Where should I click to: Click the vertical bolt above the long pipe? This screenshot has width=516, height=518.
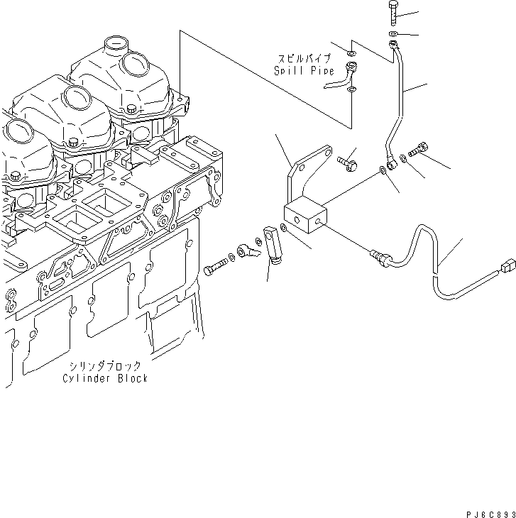click(394, 12)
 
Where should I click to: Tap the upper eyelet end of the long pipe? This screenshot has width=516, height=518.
click(393, 46)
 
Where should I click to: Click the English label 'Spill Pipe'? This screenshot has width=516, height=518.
click(300, 71)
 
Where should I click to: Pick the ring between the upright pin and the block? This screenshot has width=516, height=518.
click(284, 228)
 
